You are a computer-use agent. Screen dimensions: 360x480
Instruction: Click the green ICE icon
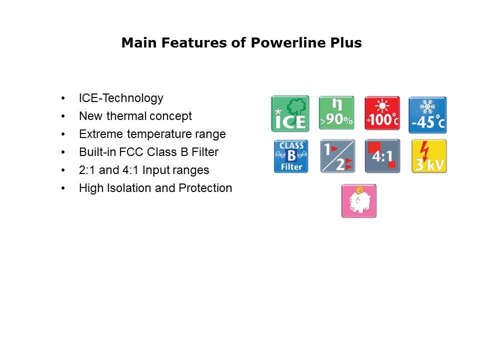[290, 114]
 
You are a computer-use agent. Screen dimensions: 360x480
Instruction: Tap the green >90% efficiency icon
[336, 113]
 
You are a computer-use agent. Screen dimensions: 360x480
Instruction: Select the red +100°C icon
[382, 113]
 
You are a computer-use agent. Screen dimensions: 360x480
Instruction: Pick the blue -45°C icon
[427, 114]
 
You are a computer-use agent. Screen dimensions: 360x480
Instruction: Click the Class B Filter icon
[291, 156]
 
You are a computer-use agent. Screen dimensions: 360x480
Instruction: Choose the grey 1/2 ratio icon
[337, 156]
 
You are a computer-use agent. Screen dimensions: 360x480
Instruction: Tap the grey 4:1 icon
[382, 156]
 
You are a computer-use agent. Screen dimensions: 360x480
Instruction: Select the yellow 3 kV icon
[429, 156]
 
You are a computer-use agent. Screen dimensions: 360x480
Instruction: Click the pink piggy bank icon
[359, 201]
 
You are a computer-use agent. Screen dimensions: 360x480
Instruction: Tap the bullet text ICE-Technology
[121, 98]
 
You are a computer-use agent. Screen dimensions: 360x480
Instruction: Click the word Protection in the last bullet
[206, 188]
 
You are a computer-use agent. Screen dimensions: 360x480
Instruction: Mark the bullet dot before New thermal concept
[63, 116]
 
